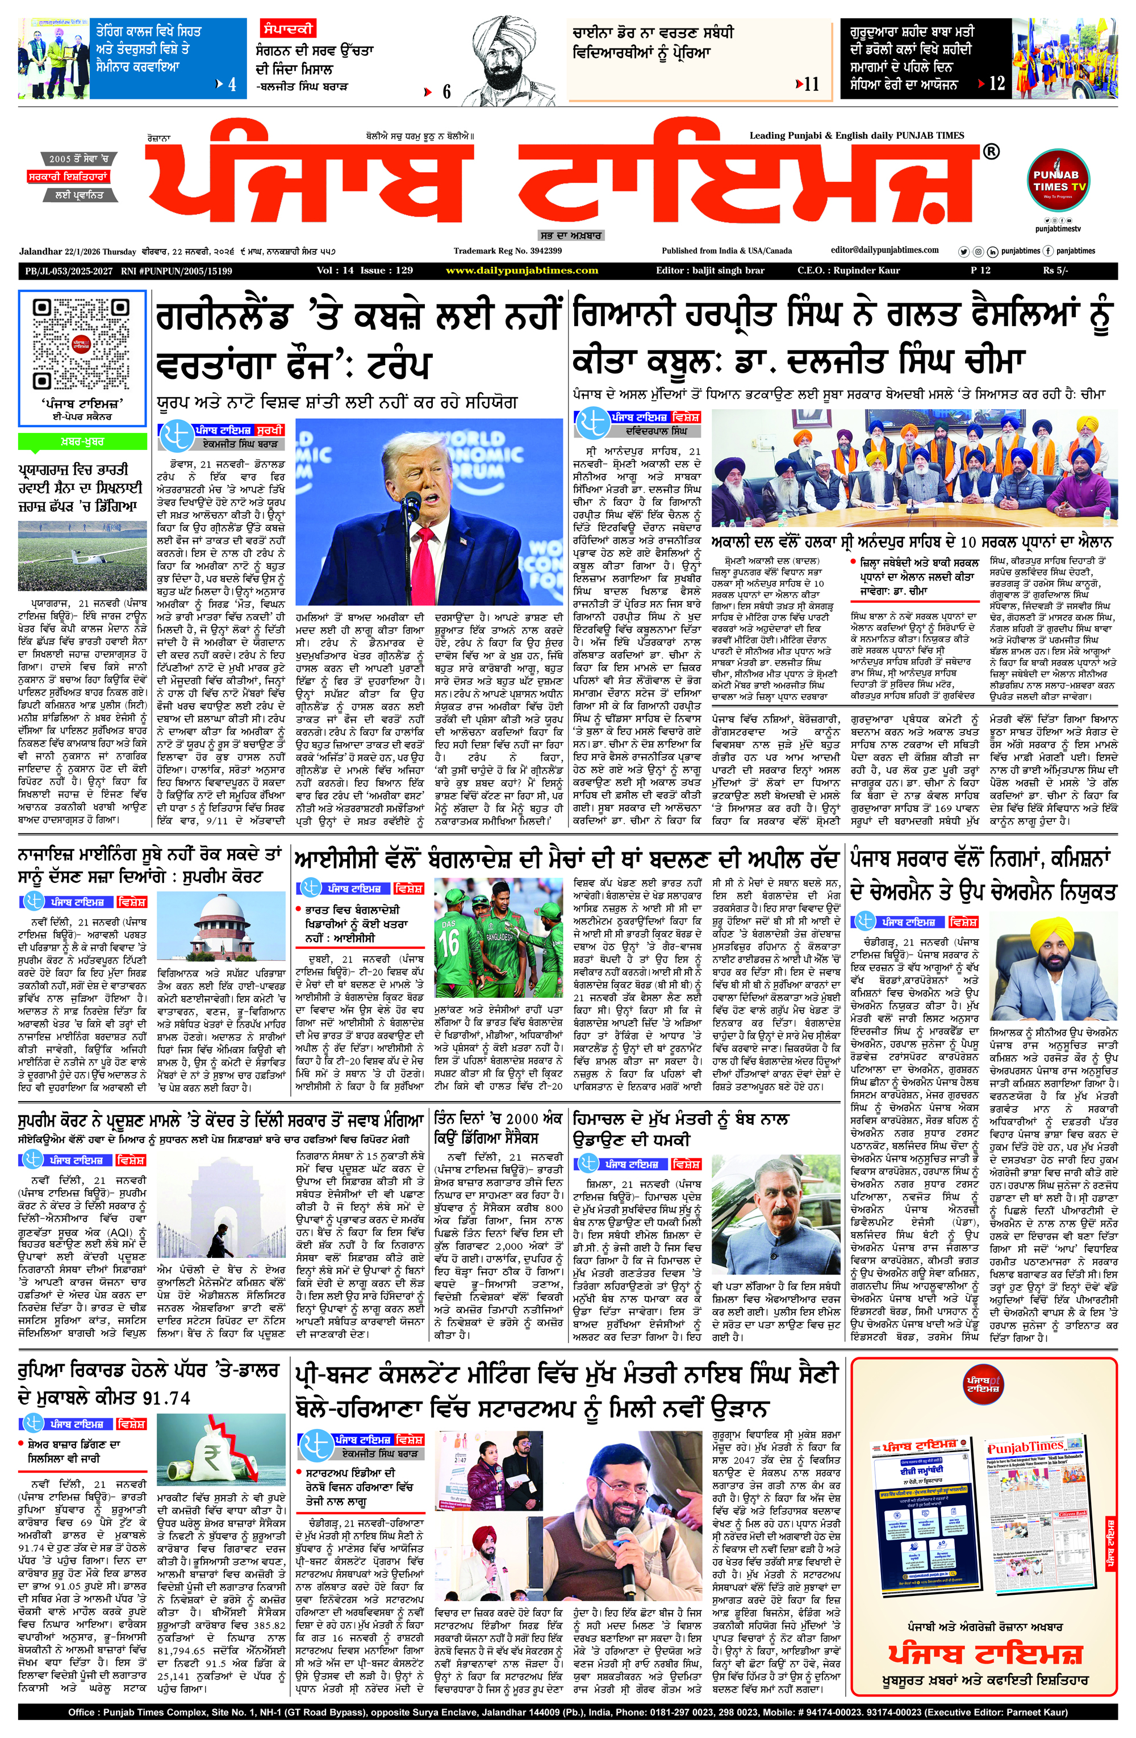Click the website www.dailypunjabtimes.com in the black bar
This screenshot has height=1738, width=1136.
tap(522, 271)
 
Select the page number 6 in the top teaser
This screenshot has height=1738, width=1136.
tap(446, 92)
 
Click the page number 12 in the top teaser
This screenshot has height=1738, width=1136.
tap(996, 84)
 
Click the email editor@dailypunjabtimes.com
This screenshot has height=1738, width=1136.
tap(884, 251)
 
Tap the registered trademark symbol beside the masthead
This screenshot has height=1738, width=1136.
tap(991, 152)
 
